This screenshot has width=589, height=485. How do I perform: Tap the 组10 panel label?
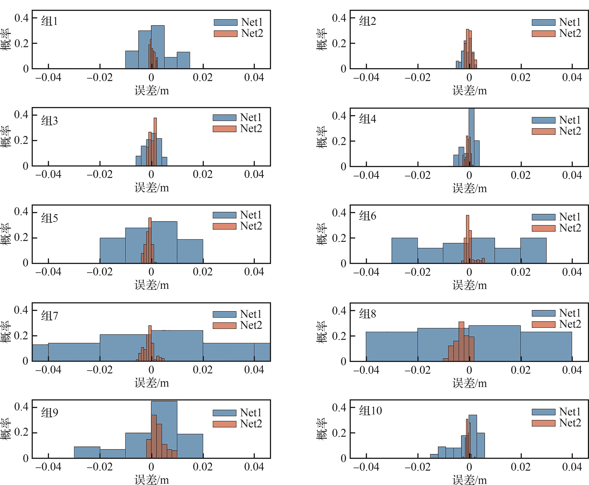click(370, 411)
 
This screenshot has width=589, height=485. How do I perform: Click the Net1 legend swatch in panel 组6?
click(543, 217)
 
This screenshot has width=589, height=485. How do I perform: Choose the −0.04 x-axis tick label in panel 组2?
click(366, 77)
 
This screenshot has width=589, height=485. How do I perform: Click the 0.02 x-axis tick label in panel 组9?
click(203, 467)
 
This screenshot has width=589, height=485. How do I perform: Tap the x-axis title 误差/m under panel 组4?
click(470, 188)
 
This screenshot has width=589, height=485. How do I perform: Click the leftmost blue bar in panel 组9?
click(87, 453)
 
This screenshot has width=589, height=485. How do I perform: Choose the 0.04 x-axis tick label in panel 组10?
click(572, 467)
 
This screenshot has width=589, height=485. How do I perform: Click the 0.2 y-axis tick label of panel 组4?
click(339, 141)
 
